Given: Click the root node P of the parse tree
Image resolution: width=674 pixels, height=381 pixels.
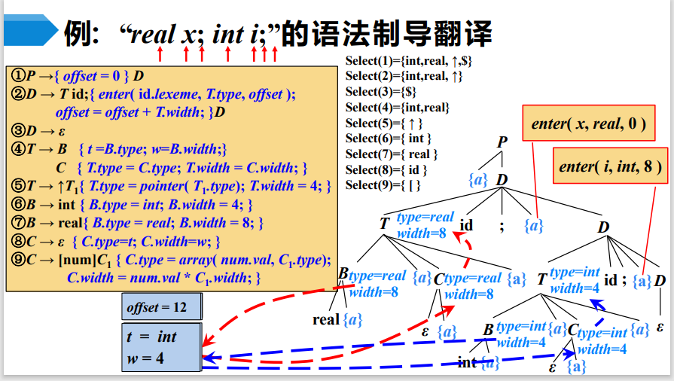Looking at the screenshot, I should point(502,142).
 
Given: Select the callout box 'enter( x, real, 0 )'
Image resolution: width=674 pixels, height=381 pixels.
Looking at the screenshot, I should point(588,124).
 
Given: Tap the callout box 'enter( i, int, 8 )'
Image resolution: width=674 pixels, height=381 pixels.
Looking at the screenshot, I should point(611,166).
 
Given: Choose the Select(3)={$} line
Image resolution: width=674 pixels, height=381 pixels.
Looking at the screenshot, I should point(380,91).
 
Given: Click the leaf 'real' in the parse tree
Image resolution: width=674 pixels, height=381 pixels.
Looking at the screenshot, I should point(325,319).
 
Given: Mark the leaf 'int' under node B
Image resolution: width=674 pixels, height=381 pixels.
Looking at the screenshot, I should point(466,362).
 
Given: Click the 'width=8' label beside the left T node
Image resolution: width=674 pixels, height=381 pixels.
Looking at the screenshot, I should point(422,233).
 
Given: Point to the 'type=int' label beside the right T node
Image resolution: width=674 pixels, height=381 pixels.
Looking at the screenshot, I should point(575,273).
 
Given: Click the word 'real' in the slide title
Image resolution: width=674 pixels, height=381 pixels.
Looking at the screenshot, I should point(154,34).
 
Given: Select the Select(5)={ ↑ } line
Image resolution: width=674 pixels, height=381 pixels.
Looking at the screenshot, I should point(384,123).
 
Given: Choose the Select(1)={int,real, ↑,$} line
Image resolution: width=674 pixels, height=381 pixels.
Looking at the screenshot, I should point(408,60).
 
